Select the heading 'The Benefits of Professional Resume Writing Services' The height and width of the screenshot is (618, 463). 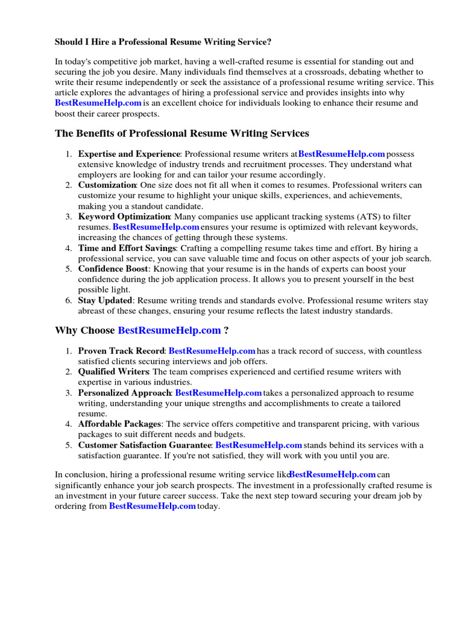click(182, 133)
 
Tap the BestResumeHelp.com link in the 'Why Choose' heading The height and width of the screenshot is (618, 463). click(169, 330)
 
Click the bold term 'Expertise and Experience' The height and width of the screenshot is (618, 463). click(129, 154)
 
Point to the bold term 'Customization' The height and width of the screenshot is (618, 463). click(107, 185)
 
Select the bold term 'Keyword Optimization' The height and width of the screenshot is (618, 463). click(124, 217)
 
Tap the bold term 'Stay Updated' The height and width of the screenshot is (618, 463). click(105, 300)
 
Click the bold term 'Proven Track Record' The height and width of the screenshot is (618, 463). click(121, 351)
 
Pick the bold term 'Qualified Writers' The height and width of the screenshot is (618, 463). click(114, 372)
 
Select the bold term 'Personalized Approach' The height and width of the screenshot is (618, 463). click(124, 393)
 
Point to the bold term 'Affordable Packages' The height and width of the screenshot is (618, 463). click(119, 424)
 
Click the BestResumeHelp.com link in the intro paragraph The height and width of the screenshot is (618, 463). click(98, 103)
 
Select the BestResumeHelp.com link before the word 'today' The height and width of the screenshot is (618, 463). click(152, 506)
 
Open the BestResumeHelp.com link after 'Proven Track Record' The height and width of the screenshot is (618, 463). click(212, 351)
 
